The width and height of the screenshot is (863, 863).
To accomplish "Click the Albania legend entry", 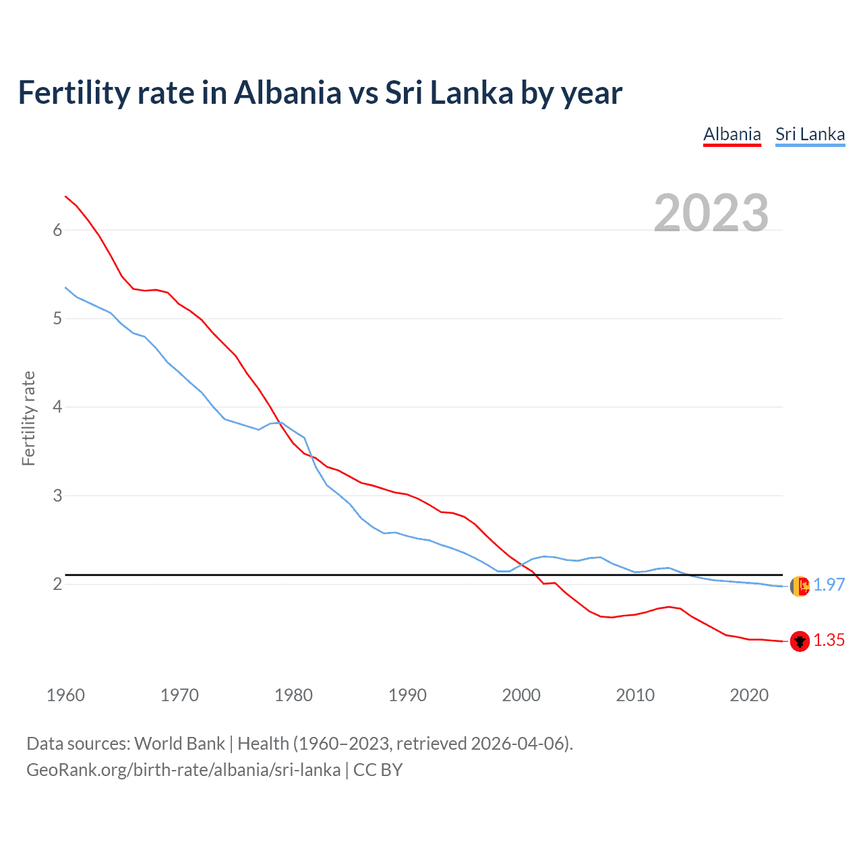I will [732, 134].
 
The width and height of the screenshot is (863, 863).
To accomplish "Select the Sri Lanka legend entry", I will [810, 134].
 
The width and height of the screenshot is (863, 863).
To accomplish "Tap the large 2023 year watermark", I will [711, 213].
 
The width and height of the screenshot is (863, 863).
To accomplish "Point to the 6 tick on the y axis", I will [57, 230].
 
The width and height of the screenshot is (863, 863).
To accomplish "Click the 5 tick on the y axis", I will [57, 318].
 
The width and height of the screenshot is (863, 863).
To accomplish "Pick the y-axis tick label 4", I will [57, 407].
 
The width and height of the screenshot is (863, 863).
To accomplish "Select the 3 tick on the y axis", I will [57, 496].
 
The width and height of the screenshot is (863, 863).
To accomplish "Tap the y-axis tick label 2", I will [57, 584].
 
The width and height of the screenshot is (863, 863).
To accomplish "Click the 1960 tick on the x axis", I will [65, 695].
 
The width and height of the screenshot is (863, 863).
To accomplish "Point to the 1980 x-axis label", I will [293, 695].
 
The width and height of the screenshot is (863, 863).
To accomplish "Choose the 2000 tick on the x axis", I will [521, 695].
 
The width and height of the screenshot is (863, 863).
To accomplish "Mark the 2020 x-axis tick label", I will [749, 695].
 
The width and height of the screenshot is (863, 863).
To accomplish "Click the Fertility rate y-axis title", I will [28, 418].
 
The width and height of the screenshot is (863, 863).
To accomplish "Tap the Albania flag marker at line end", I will [800, 641].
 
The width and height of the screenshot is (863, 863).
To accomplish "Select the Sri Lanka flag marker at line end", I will [800, 586].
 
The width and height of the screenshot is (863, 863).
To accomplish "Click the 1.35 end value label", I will [829, 641].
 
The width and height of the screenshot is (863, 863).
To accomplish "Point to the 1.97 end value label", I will [829, 585].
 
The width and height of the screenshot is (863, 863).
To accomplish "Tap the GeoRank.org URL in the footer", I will [183, 770].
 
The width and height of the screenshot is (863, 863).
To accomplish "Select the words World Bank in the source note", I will [179, 744].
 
